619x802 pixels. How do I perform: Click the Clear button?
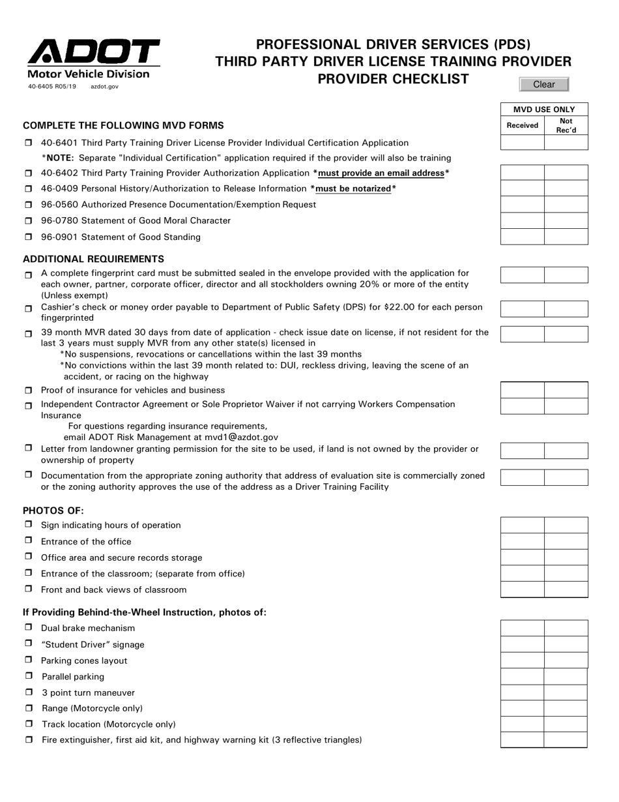(544, 84)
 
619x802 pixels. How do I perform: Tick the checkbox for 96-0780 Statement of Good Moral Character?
(29, 221)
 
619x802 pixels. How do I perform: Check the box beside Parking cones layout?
(29, 660)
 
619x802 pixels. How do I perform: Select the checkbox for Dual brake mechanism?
(29, 627)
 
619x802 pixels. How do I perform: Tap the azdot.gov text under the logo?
(104, 86)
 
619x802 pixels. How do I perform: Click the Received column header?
(523, 125)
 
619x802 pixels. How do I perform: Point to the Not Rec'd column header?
(566, 125)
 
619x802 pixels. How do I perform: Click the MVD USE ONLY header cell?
(544, 110)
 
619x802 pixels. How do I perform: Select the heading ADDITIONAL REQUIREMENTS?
(93, 259)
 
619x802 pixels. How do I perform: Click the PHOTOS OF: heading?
(53, 511)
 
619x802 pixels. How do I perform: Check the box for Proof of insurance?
(29, 391)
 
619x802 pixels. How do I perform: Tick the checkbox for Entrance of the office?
(29, 541)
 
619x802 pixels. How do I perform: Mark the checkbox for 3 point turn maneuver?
(29, 692)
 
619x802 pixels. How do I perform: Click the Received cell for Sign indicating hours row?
(523, 526)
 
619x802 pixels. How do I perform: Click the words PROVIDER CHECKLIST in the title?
(393, 79)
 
